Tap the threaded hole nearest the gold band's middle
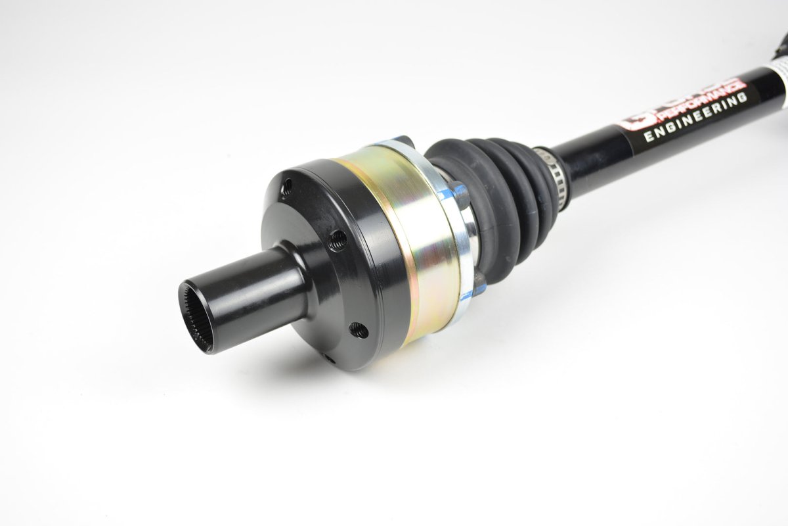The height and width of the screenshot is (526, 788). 338,239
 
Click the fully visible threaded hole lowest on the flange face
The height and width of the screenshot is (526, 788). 359,330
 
